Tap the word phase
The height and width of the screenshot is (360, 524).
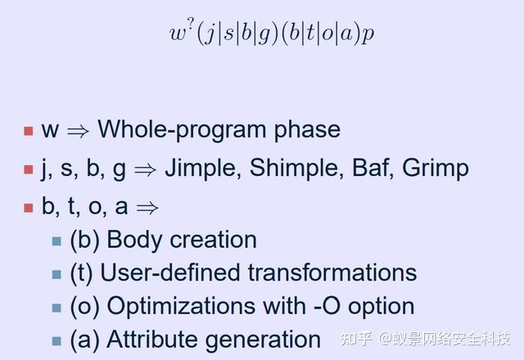point(308,129)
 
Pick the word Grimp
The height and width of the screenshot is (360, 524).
point(435,169)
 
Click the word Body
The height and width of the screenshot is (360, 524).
point(134,241)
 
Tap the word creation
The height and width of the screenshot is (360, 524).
point(213,240)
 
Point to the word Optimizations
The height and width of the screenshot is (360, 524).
point(206,306)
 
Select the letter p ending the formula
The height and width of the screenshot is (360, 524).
point(368,34)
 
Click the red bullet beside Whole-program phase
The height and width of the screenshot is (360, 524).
point(29,131)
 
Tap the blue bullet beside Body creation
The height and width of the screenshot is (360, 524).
point(56,241)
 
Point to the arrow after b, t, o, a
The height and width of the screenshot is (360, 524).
point(147,208)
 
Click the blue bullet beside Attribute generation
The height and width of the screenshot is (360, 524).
point(56,341)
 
